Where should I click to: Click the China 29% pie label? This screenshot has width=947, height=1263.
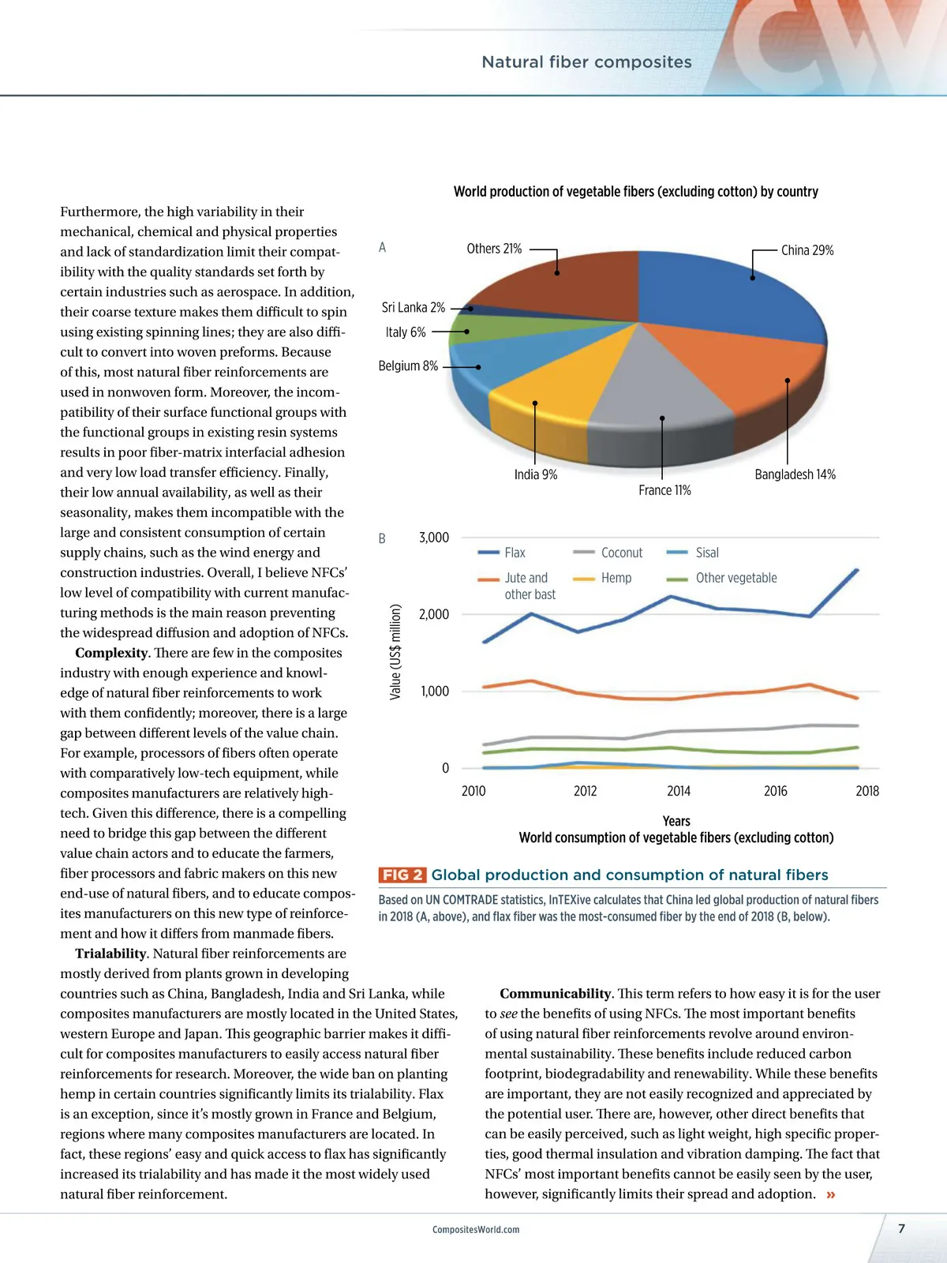(x=807, y=250)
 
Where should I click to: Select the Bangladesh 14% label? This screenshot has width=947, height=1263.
(x=795, y=474)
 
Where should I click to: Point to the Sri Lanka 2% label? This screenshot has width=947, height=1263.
(x=414, y=308)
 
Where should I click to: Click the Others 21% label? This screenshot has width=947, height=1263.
(x=494, y=249)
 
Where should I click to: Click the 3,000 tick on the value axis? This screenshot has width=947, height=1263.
(x=434, y=538)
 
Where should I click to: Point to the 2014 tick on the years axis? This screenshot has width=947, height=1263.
(x=679, y=791)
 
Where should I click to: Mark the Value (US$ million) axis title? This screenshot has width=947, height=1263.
(x=395, y=652)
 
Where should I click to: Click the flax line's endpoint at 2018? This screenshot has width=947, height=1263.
(x=857, y=570)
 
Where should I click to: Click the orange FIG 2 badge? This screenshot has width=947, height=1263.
(x=402, y=875)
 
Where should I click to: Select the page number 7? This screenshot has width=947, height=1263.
(x=901, y=1228)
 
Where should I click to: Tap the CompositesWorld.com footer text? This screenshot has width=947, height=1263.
(x=476, y=1229)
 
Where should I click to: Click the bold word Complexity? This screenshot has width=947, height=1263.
(x=111, y=653)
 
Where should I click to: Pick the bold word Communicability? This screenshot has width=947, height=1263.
(x=556, y=994)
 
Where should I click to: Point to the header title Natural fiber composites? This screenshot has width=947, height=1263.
(x=586, y=62)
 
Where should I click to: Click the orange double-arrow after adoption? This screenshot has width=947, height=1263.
(x=831, y=1194)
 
